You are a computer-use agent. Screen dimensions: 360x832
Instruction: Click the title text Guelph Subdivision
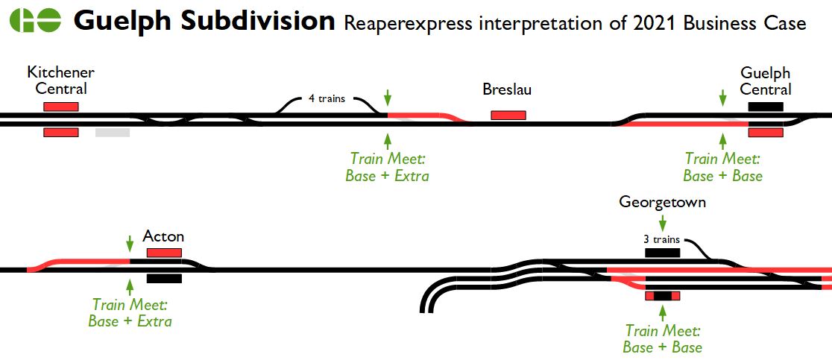point(204,22)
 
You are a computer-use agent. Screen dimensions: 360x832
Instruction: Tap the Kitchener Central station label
point(60,80)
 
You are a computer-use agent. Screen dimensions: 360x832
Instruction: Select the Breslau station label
point(507,90)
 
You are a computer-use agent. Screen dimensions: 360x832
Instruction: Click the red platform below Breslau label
point(508,115)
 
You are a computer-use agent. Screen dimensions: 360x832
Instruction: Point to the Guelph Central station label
point(766,81)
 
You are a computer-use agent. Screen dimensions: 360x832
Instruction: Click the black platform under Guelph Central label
point(766,106)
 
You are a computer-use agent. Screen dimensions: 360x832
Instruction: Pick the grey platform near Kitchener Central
point(113,133)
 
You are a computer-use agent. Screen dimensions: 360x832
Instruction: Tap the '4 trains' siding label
point(327,98)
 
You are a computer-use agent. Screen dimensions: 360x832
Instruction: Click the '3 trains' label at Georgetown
point(661,239)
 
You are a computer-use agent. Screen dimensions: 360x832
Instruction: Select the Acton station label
point(163,237)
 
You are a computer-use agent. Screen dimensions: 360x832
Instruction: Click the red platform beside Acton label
point(164,253)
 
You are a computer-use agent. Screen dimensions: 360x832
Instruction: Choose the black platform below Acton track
point(164,279)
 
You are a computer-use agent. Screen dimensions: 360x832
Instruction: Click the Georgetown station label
point(662,202)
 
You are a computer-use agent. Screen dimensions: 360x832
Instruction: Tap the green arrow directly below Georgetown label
point(662,221)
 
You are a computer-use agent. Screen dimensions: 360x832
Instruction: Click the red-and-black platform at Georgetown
point(662,296)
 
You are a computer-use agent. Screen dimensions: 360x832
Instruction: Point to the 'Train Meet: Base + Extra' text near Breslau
point(387,167)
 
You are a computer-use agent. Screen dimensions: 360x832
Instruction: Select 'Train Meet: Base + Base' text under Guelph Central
point(722,167)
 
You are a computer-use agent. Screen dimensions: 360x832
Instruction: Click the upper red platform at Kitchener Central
point(61,107)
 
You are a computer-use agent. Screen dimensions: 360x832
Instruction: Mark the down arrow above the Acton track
point(130,243)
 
